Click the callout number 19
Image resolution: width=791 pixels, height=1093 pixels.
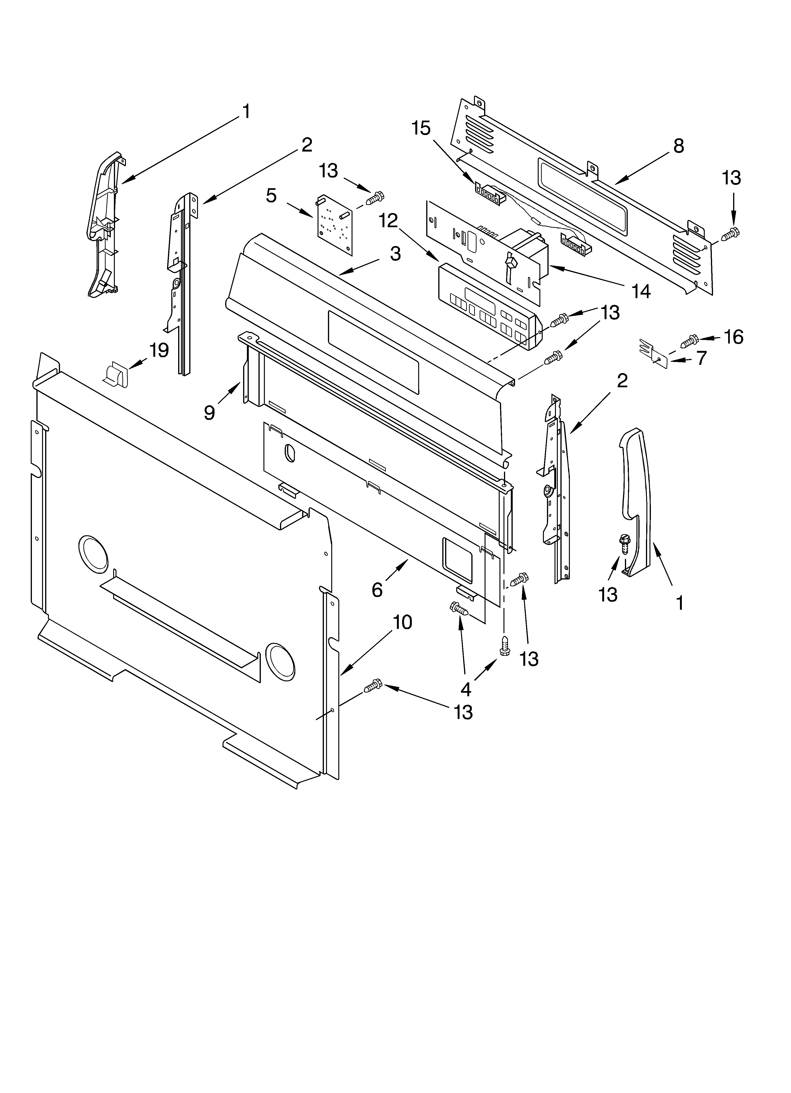[159, 350]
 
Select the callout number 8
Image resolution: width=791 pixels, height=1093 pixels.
[678, 146]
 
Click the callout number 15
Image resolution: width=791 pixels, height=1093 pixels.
[421, 129]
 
